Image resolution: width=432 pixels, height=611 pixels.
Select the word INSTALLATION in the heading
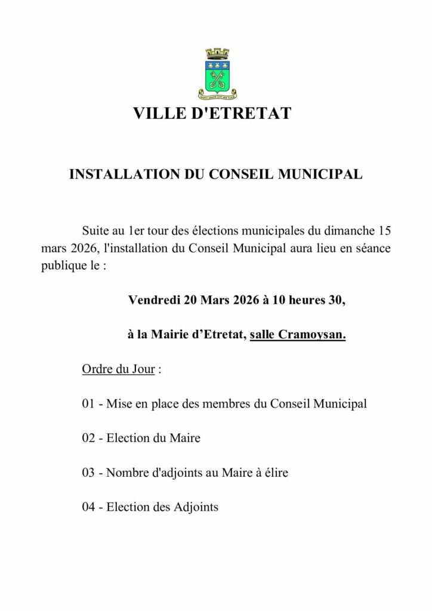[x=123, y=174]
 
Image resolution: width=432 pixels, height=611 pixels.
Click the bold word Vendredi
[x=155, y=300]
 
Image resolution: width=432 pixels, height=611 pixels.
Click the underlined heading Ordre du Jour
[x=119, y=369]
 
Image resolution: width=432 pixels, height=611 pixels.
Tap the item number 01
[x=89, y=404]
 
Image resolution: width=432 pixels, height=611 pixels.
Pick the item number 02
[x=89, y=439]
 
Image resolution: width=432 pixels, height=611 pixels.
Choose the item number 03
[x=89, y=473]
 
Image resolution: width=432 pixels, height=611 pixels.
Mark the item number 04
[x=89, y=508]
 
